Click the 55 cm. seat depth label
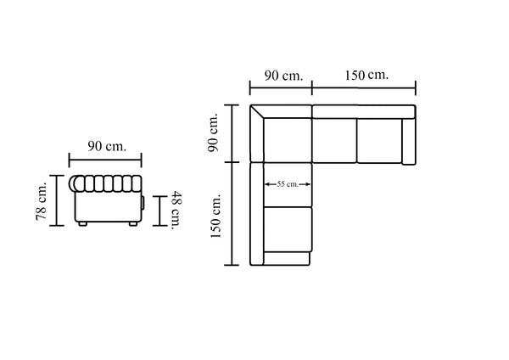pyautogui.click(x=288, y=184)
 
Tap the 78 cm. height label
pyautogui.click(x=42, y=201)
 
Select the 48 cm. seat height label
pyautogui.click(x=177, y=211)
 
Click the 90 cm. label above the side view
pyautogui.click(x=107, y=146)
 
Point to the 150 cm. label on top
pyautogui.click(x=366, y=75)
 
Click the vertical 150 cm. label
pyautogui.click(x=215, y=216)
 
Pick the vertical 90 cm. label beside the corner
pyautogui.click(x=213, y=132)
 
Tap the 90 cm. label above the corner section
pyautogui.click(x=283, y=76)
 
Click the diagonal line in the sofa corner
pyautogui.click(x=257, y=112)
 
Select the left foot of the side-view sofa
pyautogui.click(x=82, y=224)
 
